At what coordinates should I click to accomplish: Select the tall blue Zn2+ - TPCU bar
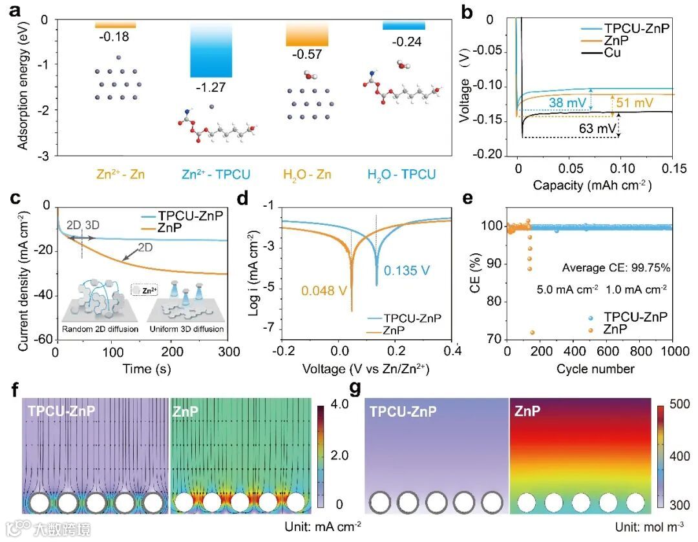pos(211,51)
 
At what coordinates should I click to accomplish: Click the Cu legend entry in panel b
pos(612,53)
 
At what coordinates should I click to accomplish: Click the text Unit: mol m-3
pos(647,525)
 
